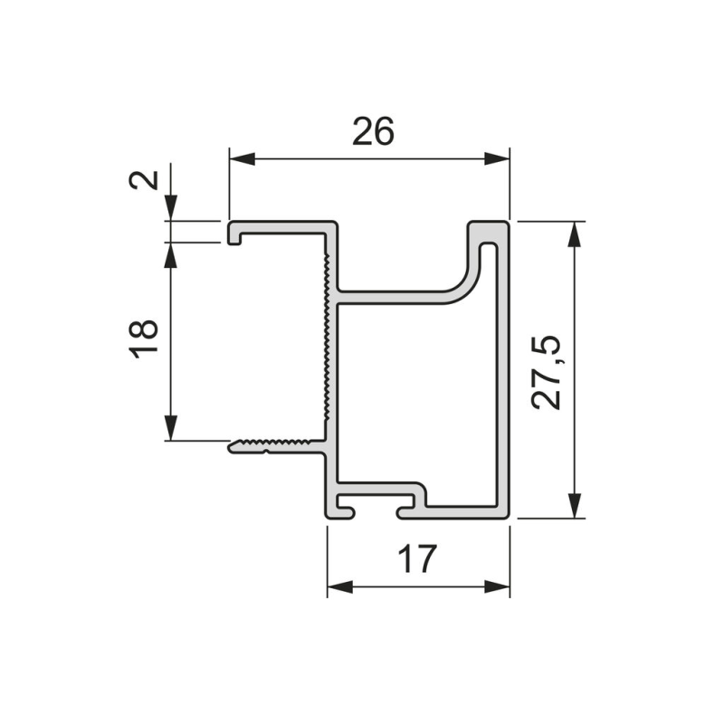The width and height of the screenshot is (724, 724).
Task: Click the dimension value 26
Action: point(373,132)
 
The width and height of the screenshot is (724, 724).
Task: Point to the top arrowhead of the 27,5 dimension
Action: point(572,233)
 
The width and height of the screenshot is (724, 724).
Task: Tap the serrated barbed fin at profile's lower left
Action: point(271,444)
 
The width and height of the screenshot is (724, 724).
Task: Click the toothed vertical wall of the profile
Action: point(325,344)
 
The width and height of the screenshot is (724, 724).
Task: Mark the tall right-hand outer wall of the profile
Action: point(504,371)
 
